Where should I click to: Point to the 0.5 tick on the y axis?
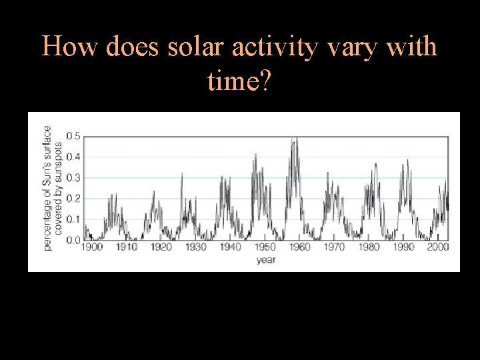pos(73,137)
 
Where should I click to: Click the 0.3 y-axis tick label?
pos(73,178)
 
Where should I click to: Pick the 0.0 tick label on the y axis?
pos(73,240)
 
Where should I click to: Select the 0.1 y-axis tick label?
pos(73,219)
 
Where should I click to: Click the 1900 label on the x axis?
pos(92,247)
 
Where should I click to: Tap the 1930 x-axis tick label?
pos(196,247)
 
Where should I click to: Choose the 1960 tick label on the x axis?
pos(299,247)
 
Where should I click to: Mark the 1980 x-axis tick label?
pos(369,247)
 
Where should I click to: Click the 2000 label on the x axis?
pos(437,247)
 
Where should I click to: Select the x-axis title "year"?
pos(266,260)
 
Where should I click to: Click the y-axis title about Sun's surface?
pos(53,188)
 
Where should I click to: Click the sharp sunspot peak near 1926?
pos(182,173)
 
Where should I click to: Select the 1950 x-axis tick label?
pos(265,247)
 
